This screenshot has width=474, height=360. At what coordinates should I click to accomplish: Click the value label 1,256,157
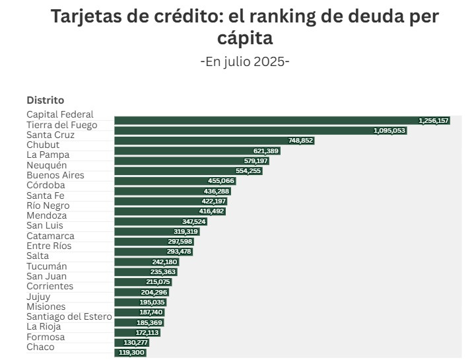434,121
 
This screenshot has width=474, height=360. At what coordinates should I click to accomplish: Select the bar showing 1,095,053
260,131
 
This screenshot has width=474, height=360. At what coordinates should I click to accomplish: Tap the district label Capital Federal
60,114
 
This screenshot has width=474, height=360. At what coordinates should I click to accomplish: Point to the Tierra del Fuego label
62,125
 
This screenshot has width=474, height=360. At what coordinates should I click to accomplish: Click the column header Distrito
45,100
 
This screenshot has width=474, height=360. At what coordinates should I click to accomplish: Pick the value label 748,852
300,141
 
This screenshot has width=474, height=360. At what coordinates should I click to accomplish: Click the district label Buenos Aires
55,175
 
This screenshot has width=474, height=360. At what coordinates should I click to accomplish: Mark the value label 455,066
221,181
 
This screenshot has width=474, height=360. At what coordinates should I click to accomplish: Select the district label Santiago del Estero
69,316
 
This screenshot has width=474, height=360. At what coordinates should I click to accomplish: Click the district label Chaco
40,347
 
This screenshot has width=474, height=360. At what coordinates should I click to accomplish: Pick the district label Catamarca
50,236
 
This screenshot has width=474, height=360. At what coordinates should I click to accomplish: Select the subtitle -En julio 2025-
245,61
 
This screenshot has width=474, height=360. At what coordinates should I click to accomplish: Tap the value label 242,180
165,262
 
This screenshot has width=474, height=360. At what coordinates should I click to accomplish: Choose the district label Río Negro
48,205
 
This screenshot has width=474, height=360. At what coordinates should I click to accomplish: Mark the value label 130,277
136,343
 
